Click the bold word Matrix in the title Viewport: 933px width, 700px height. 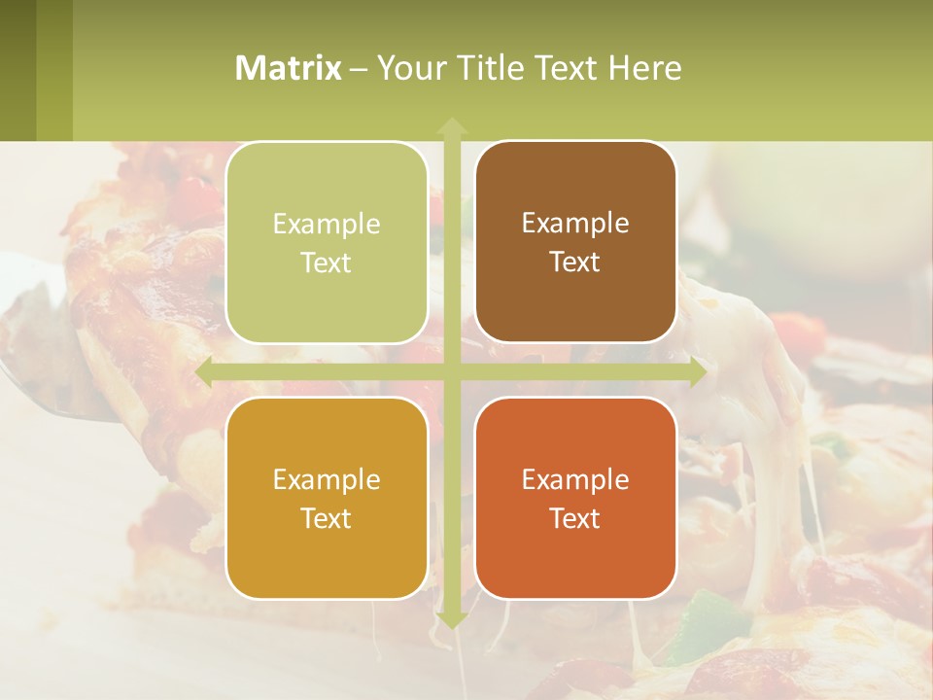(x=289, y=68)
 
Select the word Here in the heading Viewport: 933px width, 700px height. (x=644, y=68)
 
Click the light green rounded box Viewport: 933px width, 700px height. (x=327, y=242)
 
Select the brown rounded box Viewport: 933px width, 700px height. (x=575, y=242)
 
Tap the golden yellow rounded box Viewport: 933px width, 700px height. (x=327, y=498)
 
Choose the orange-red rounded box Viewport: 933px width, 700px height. (x=575, y=498)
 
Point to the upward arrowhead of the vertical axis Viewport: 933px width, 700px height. (x=451, y=125)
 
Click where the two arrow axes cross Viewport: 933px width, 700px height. (x=451, y=372)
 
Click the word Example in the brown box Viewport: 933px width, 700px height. (x=575, y=223)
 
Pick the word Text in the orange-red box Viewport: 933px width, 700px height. (x=575, y=518)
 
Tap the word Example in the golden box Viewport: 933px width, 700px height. (x=327, y=479)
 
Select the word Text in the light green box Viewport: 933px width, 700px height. (x=327, y=262)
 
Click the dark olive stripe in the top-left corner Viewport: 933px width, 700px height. (x=17, y=70)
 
